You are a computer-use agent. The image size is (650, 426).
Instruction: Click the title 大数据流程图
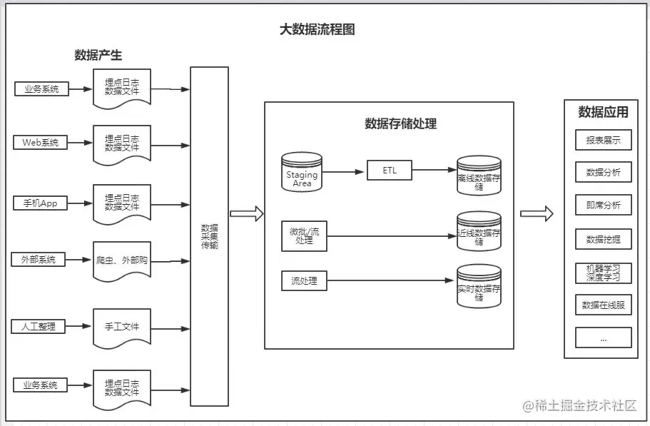click(317, 29)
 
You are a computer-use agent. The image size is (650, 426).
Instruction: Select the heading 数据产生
click(98, 55)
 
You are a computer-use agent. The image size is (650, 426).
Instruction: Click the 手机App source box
click(40, 203)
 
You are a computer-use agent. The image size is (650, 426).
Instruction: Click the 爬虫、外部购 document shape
click(122, 261)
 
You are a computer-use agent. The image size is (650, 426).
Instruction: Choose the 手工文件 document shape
click(122, 328)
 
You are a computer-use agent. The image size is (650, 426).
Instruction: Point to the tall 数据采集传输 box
click(209, 235)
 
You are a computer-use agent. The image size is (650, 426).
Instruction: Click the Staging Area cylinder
click(302, 173)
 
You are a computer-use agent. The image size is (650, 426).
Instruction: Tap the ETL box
click(389, 171)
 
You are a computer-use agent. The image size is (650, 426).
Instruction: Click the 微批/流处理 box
click(305, 236)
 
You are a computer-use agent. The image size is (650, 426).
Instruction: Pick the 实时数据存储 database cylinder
click(479, 287)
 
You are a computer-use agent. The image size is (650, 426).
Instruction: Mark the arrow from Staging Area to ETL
click(345, 172)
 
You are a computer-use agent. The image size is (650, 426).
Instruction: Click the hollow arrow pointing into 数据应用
click(537, 213)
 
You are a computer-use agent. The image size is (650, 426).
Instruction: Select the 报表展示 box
click(603, 140)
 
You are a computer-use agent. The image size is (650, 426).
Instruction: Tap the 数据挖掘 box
click(603, 239)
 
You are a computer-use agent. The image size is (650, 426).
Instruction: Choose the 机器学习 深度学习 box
click(603, 273)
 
